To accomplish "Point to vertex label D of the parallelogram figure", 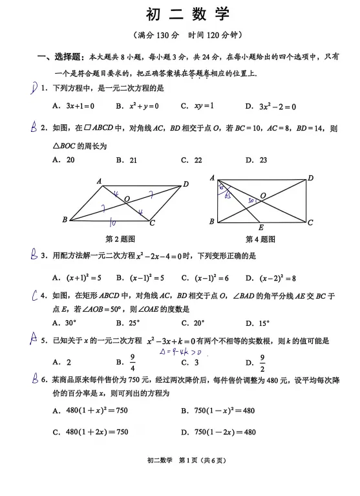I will (x=185, y=184).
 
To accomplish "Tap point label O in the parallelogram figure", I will (x=127, y=199).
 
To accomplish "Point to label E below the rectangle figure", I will (x=260, y=228).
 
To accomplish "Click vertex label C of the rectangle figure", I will (x=310, y=222).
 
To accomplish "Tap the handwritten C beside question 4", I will (x=36, y=297).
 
